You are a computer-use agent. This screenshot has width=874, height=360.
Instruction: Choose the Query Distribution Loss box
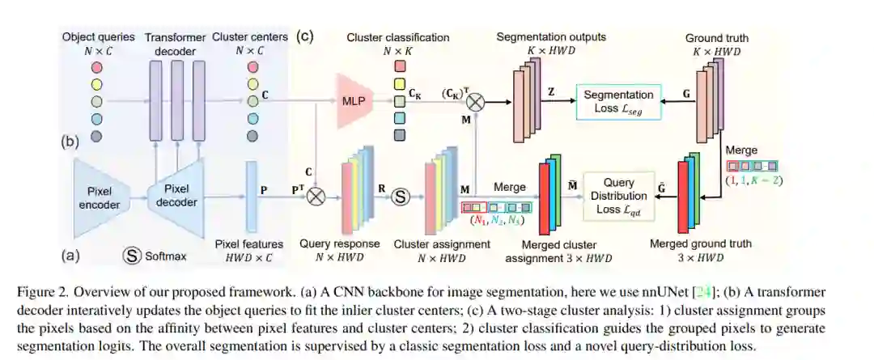[619, 196]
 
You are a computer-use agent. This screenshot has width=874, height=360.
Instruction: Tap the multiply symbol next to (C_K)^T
[476, 102]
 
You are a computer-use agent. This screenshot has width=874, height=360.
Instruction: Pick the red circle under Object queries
[97, 66]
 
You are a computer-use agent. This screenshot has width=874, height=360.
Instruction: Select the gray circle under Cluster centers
[252, 136]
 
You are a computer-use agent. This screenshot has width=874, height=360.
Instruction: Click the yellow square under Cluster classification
[399, 83]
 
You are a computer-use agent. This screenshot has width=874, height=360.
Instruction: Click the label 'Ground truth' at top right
[716, 38]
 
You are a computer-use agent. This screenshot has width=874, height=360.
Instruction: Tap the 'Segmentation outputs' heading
[550, 37]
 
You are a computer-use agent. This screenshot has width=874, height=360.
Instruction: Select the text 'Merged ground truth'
[701, 244]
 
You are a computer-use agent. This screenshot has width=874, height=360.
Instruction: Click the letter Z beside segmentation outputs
[551, 93]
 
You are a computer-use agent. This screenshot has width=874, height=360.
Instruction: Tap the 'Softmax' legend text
[166, 256]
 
